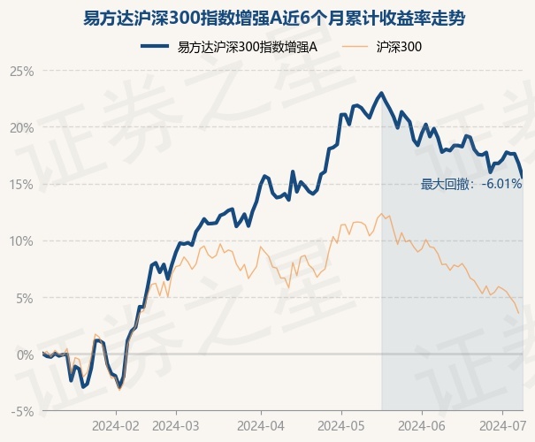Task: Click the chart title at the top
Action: click(x=267, y=16)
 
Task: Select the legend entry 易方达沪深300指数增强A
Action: click(x=247, y=47)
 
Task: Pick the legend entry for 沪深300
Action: click(x=398, y=47)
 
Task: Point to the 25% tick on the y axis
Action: click(x=21, y=71)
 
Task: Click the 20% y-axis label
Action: click(x=21, y=127)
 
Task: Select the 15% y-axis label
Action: click(x=21, y=184)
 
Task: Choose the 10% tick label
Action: click(x=21, y=240)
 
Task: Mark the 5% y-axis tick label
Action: click(x=24, y=298)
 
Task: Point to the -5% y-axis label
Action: click(x=21, y=411)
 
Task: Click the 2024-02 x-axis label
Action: click(x=117, y=423)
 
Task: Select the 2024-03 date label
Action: click(x=176, y=423)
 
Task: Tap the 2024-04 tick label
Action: click(x=260, y=423)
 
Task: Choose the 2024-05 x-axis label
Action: click(x=341, y=423)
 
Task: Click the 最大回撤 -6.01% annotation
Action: click(x=470, y=184)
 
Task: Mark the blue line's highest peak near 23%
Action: click(x=381, y=93)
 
